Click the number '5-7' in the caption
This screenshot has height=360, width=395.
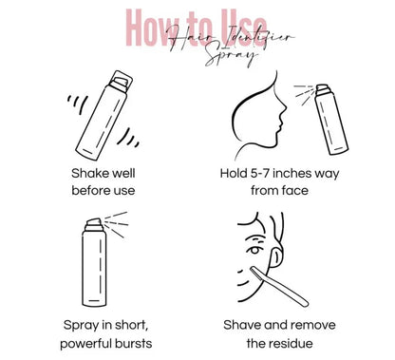[268, 174]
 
